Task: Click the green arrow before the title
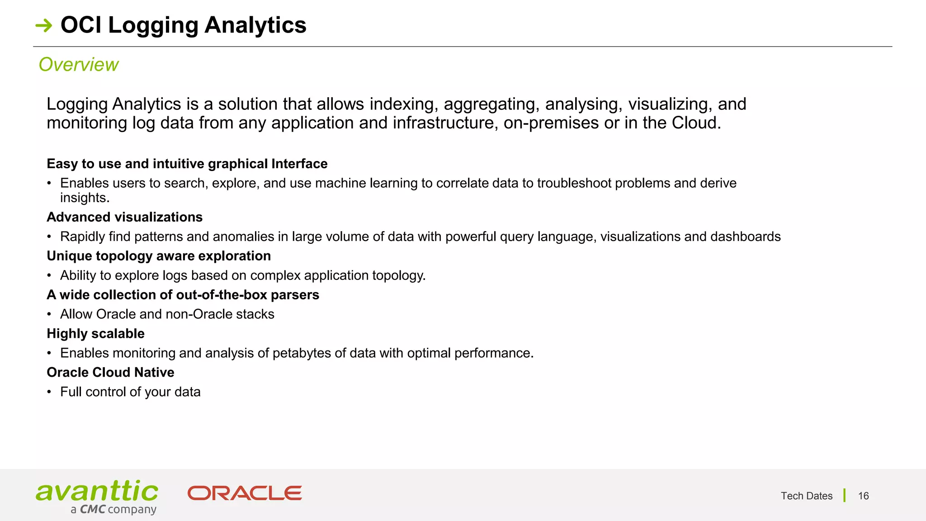pos(44,26)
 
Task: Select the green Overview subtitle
pos(78,65)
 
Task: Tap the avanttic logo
pos(97,492)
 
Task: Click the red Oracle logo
pos(245,493)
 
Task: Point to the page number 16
pos(863,496)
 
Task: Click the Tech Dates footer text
pos(806,496)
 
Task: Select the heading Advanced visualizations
pos(124,217)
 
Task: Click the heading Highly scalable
pos(95,334)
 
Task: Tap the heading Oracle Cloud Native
pos(110,373)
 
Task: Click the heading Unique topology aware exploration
pos(159,256)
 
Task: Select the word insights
pos(85,198)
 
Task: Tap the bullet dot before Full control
pos(49,392)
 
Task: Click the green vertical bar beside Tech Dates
pos(844,496)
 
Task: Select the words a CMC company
pos(113,510)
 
